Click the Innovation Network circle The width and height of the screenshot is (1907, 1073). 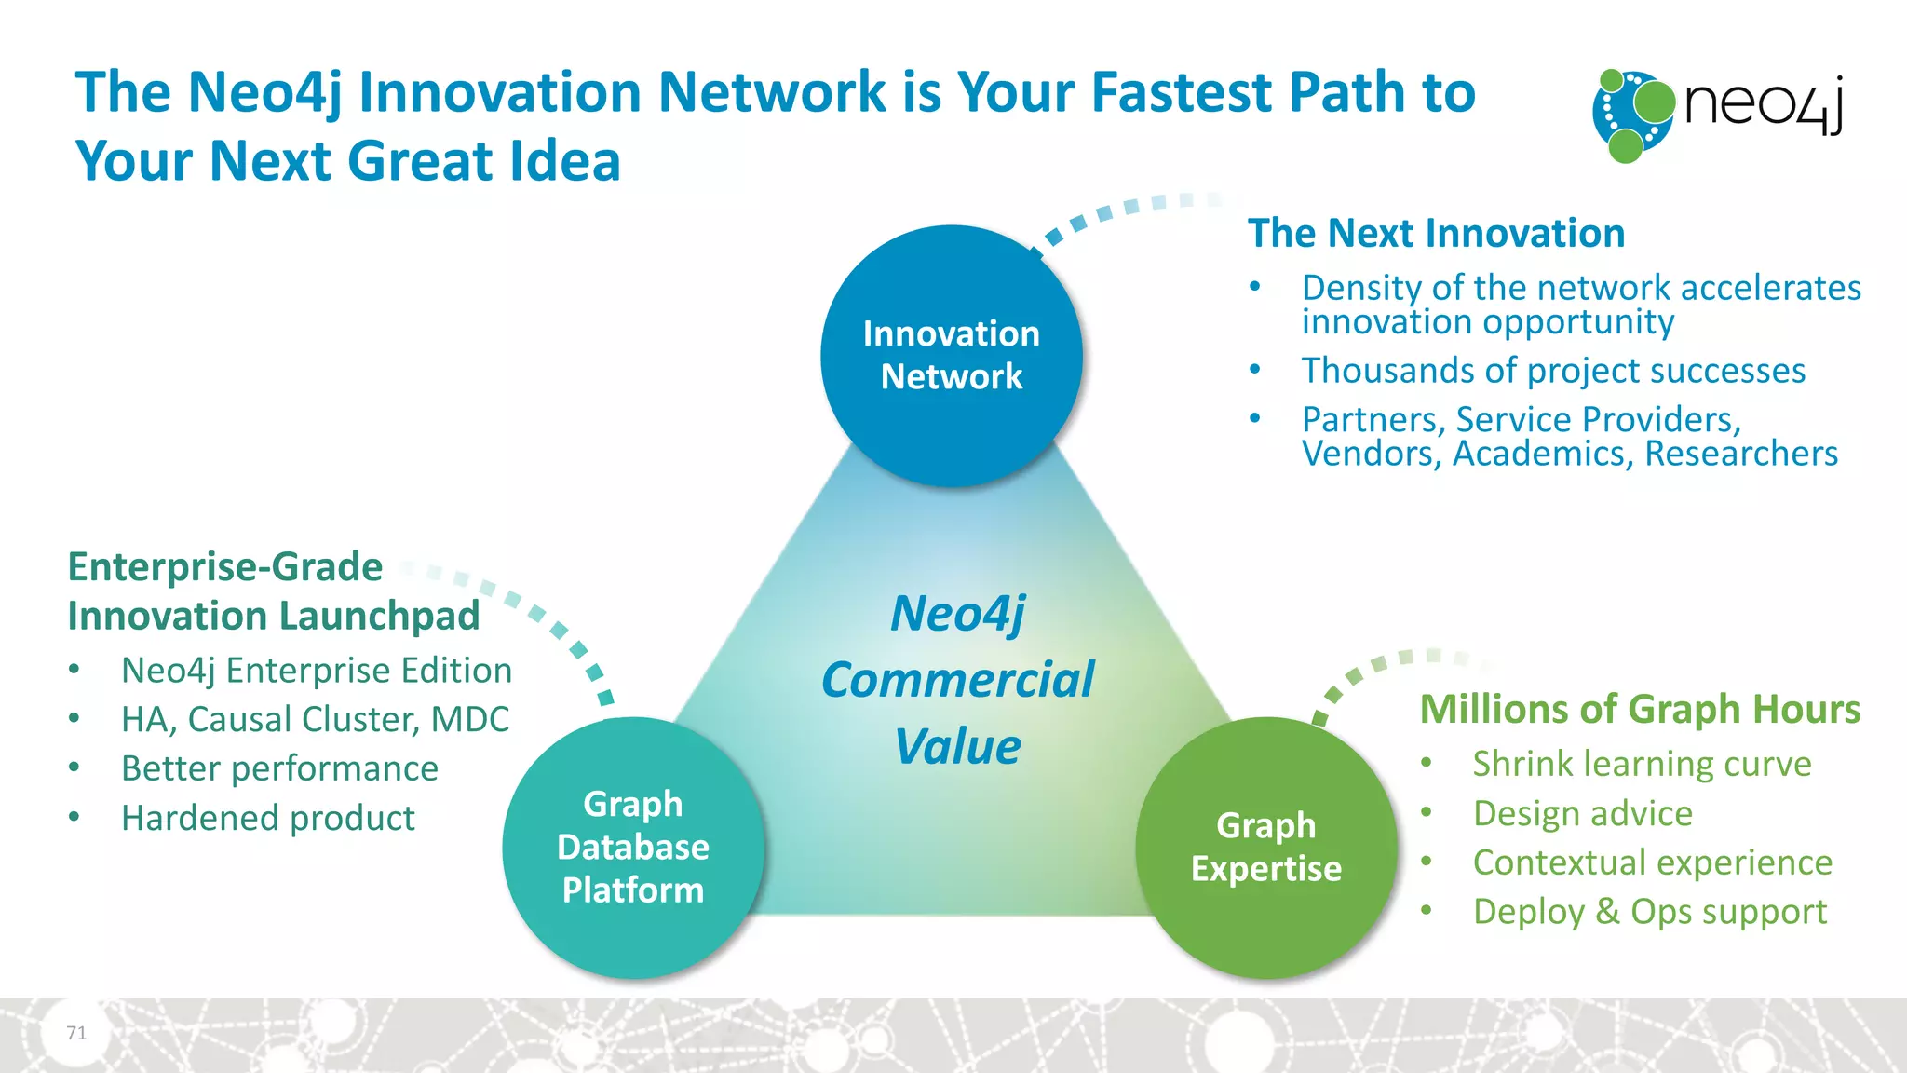(951, 356)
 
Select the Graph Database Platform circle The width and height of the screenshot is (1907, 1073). (633, 847)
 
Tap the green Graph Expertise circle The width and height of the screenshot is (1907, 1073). (1265, 847)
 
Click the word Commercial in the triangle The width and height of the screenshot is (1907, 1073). (957, 680)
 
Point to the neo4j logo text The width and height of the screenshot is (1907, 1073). (1763, 104)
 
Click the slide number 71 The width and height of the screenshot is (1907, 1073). (76, 1032)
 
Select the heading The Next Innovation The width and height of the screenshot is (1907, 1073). (1436, 233)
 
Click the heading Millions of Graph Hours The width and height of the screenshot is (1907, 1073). (1640, 710)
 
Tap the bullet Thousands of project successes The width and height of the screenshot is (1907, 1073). (1553, 371)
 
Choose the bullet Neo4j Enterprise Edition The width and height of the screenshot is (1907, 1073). (317, 671)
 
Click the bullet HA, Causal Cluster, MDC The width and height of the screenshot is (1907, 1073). (315, 720)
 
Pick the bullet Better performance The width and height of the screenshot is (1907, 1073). (279, 768)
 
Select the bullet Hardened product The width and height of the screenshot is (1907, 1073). (268, 818)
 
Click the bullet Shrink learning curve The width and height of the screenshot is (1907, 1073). (1642, 764)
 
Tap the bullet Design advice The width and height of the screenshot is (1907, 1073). (1582, 813)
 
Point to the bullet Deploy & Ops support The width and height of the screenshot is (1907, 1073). (1649, 911)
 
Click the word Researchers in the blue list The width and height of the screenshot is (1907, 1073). (1741, 454)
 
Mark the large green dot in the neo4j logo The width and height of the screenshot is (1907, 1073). (1655, 101)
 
